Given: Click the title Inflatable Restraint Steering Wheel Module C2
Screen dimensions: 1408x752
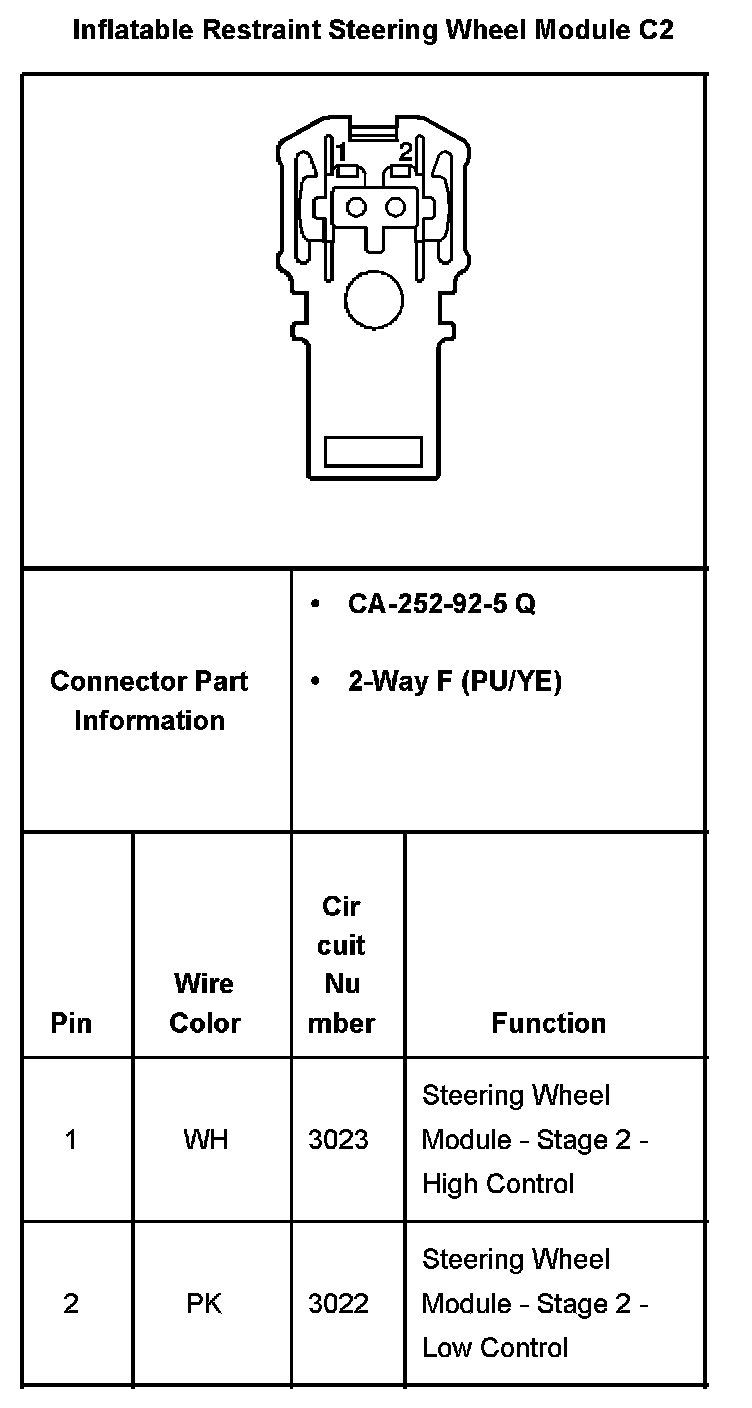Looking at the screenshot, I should click(373, 31).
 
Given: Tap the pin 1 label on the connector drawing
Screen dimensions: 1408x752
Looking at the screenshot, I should click(341, 152).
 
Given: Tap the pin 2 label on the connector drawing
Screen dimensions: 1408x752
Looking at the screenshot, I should click(405, 152).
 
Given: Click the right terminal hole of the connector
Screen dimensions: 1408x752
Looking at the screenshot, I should click(395, 207).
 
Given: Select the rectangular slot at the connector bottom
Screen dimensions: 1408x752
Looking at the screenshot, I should click(374, 451).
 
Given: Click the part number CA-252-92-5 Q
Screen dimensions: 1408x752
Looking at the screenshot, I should click(441, 605).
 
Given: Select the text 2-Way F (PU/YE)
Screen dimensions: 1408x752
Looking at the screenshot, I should click(454, 682).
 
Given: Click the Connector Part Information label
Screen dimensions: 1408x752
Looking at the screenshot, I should click(149, 700).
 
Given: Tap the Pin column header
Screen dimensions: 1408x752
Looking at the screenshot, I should click(71, 1023).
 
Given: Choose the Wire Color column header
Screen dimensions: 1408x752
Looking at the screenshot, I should click(205, 1003).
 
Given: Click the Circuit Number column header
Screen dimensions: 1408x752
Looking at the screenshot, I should click(341, 964).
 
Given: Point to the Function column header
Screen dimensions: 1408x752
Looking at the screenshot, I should click(548, 1023).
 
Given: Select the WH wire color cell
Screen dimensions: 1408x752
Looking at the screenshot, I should click(205, 1139).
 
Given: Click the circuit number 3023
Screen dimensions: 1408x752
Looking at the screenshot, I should click(338, 1139).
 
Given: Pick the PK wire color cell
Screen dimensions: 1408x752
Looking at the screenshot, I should click(204, 1303).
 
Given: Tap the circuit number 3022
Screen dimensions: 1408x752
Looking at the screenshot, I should click(338, 1303).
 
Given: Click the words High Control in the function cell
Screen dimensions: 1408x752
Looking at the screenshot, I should click(498, 1184).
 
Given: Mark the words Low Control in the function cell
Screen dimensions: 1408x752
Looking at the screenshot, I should click(495, 1347).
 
